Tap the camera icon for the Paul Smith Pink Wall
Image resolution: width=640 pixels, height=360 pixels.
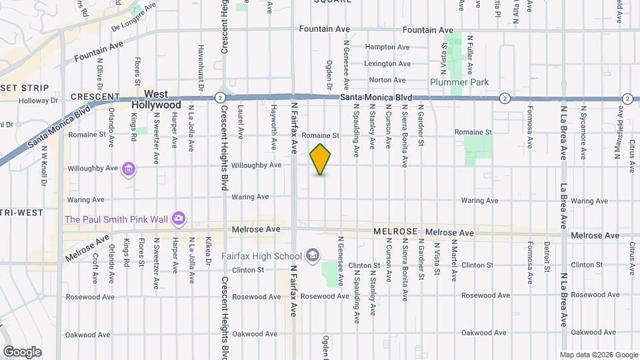pyautogui.click(x=178, y=219)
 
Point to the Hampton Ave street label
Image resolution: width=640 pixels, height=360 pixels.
pyautogui.click(x=387, y=47)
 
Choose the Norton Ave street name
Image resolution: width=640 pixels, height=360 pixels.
pyautogui.click(x=387, y=80)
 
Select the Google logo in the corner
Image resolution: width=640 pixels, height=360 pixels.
pyautogui.click(x=22, y=352)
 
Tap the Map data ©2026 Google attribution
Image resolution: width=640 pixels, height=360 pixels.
pyautogui.click(x=599, y=355)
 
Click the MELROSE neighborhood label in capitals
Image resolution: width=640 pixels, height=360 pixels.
pyautogui.click(x=395, y=231)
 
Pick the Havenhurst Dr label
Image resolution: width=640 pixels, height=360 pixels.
pyautogui.click(x=201, y=67)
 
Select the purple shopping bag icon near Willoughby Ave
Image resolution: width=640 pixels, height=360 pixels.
pyautogui.click(x=129, y=170)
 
